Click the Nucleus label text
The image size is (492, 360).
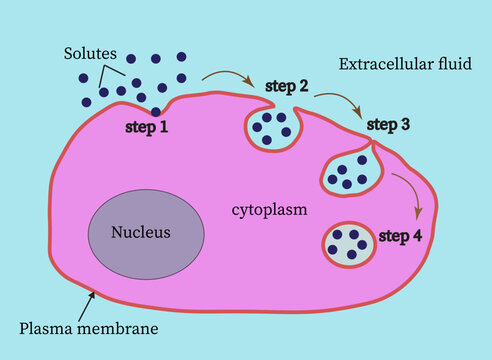point(140,233)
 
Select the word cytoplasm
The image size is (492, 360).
point(268,210)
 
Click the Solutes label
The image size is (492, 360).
point(88,52)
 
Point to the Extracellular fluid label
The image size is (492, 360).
point(405,64)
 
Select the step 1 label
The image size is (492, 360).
point(147,128)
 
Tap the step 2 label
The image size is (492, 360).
point(287,86)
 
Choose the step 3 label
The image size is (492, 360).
point(388,124)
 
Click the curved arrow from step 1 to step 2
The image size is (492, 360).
point(227,76)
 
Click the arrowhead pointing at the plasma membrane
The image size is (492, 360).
point(93,293)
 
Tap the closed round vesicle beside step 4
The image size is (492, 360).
point(348,244)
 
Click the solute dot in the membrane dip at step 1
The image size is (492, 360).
point(156,111)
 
